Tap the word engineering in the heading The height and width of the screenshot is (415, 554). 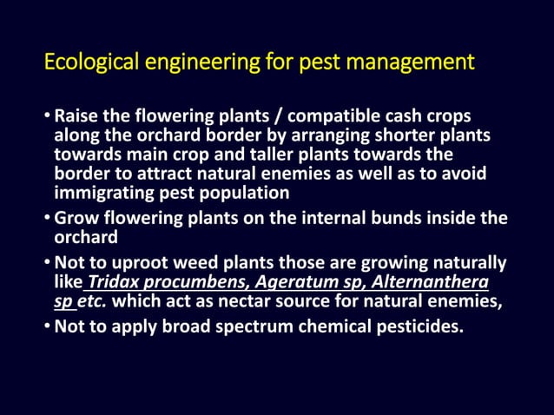188,63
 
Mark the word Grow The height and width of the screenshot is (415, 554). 76,219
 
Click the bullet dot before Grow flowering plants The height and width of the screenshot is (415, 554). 48,219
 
